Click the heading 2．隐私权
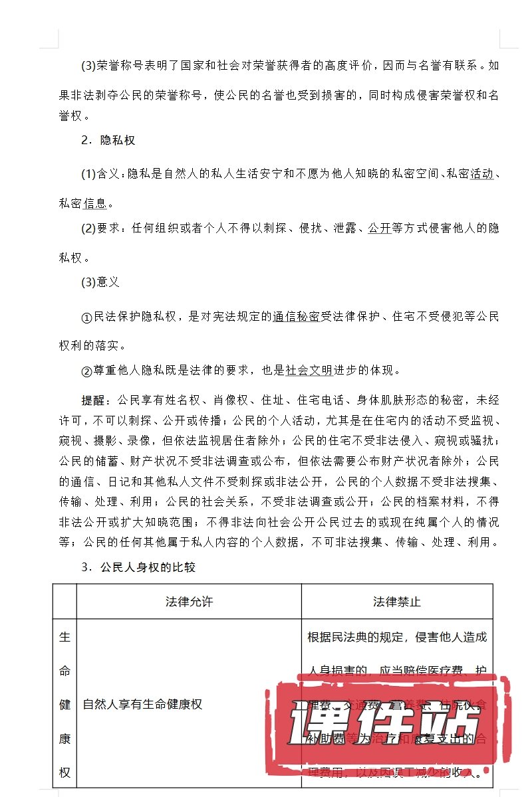[108, 140]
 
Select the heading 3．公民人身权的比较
[138, 567]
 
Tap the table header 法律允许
[189, 602]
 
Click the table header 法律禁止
[397, 602]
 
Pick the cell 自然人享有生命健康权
[142, 704]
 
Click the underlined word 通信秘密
[296, 317]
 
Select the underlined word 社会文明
[309, 370]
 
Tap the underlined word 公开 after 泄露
[379, 228]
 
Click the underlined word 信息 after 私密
[96, 203]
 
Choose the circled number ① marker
[86, 317]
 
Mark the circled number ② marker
[86, 371]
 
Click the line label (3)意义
[100, 282]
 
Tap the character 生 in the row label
[65, 638]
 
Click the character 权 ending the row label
[65, 772]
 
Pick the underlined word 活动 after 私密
[482, 174]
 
